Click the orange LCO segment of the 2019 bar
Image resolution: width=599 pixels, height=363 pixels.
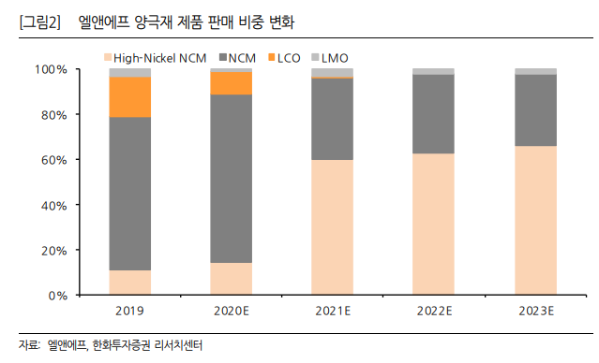coord(130,96)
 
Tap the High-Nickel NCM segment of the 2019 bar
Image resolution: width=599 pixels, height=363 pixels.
coord(130,283)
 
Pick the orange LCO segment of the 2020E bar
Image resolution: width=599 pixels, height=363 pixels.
coord(231,83)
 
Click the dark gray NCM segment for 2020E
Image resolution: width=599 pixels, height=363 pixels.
coord(231,179)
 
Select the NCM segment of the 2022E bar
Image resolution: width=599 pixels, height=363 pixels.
coord(433,113)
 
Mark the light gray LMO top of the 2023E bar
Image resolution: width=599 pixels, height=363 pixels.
coord(534,71)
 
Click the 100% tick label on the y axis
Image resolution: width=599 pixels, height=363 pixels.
coord(50,69)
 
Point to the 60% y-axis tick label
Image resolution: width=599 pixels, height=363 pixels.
coord(52,160)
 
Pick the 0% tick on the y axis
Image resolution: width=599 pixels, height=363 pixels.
coord(56,296)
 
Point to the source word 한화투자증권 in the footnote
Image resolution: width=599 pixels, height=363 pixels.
coord(124,345)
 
